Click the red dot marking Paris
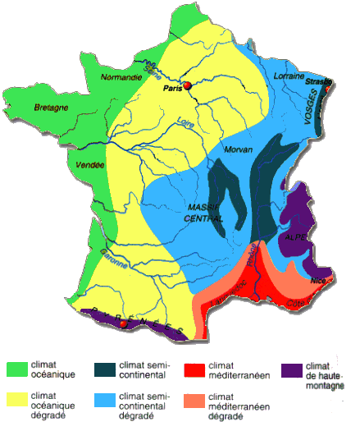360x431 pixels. (187, 85)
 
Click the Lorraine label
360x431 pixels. (288, 76)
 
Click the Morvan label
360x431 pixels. (239, 149)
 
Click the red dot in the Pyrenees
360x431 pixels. (123, 323)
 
